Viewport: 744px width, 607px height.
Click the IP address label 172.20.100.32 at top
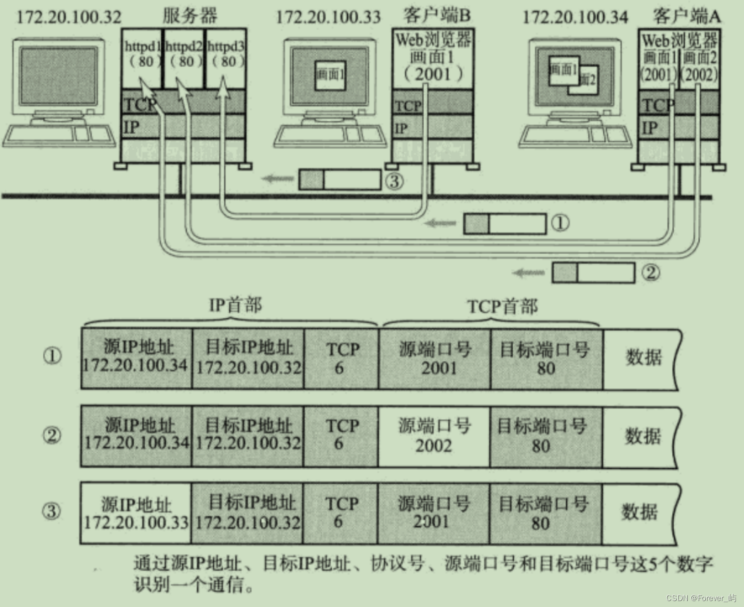pyautogui.click(x=69, y=17)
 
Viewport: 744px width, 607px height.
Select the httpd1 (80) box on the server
pyautogui.click(x=143, y=55)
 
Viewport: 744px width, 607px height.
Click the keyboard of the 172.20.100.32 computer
pyautogui.click(x=59, y=136)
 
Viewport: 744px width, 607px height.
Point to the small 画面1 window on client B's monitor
pyautogui.click(x=330, y=75)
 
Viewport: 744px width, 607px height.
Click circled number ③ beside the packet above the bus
pyautogui.click(x=394, y=181)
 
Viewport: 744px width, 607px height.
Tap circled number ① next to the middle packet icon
pyautogui.click(x=560, y=223)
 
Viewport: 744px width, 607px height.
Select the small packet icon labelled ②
pyautogui.click(x=593, y=273)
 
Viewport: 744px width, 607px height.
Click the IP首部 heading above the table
pyautogui.click(x=235, y=305)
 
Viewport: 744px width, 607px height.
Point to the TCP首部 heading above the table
pyautogui.click(x=502, y=306)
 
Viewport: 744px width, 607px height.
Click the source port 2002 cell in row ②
pyautogui.click(x=434, y=436)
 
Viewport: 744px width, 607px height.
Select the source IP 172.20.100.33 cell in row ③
pyautogui.click(x=136, y=513)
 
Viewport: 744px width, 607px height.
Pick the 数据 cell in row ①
pyautogui.click(x=643, y=358)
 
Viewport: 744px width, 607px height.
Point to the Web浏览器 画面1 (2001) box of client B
pyautogui.click(x=433, y=57)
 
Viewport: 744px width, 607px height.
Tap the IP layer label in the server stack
pyautogui.click(x=131, y=128)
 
